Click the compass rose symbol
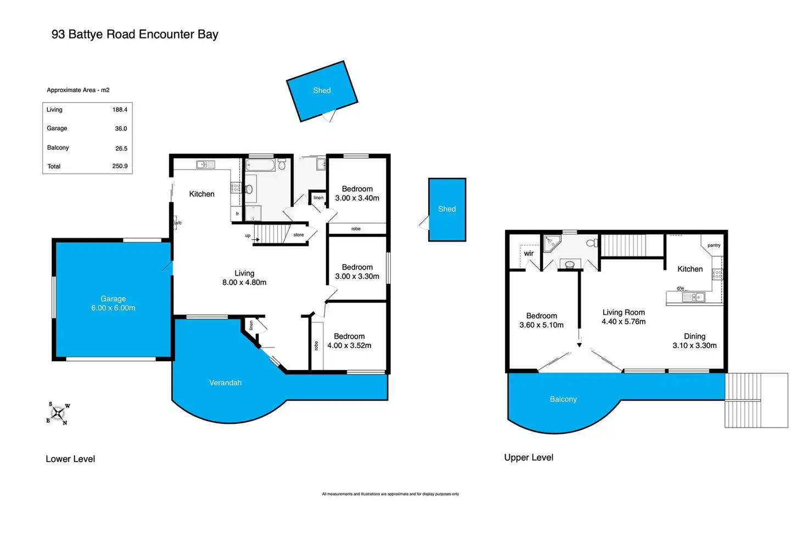tap(58, 413)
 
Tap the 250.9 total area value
tap(120, 166)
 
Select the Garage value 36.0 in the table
tap(121, 128)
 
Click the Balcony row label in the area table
tap(58, 148)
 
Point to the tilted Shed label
tap(322, 91)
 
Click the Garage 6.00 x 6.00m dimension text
tap(113, 308)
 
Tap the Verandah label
tap(225, 383)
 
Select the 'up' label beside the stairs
tap(248, 235)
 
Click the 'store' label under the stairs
tap(299, 235)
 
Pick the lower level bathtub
tap(260, 165)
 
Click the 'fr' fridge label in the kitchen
tap(237, 214)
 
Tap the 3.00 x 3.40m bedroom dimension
tap(357, 198)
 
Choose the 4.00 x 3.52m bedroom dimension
tap(349, 345)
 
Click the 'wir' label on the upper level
tap(529, 254)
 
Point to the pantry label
tap(714, 245)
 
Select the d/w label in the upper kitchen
tap(680, 288)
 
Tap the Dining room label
tap(694, 336)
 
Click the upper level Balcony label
tap(563, 399)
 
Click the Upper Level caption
tap(529, 457)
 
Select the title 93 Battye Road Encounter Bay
tap(134, 34)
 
